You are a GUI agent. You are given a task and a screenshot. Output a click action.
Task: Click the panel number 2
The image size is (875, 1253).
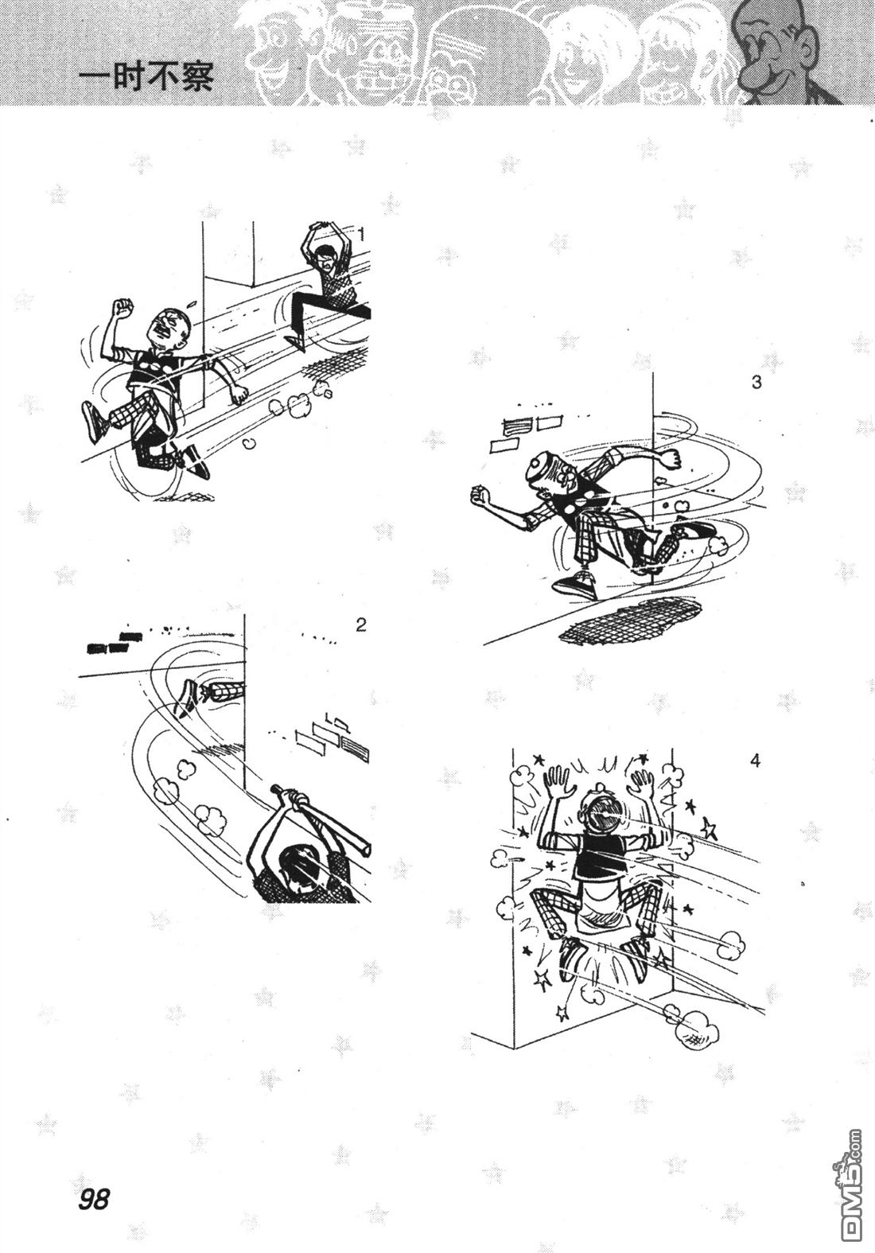(361, 625)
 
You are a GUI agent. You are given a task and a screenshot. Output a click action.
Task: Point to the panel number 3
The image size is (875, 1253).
(756, 383)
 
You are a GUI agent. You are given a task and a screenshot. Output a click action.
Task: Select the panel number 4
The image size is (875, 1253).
(755, 761)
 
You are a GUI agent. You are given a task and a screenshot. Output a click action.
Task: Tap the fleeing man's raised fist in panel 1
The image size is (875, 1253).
(123, 307)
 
